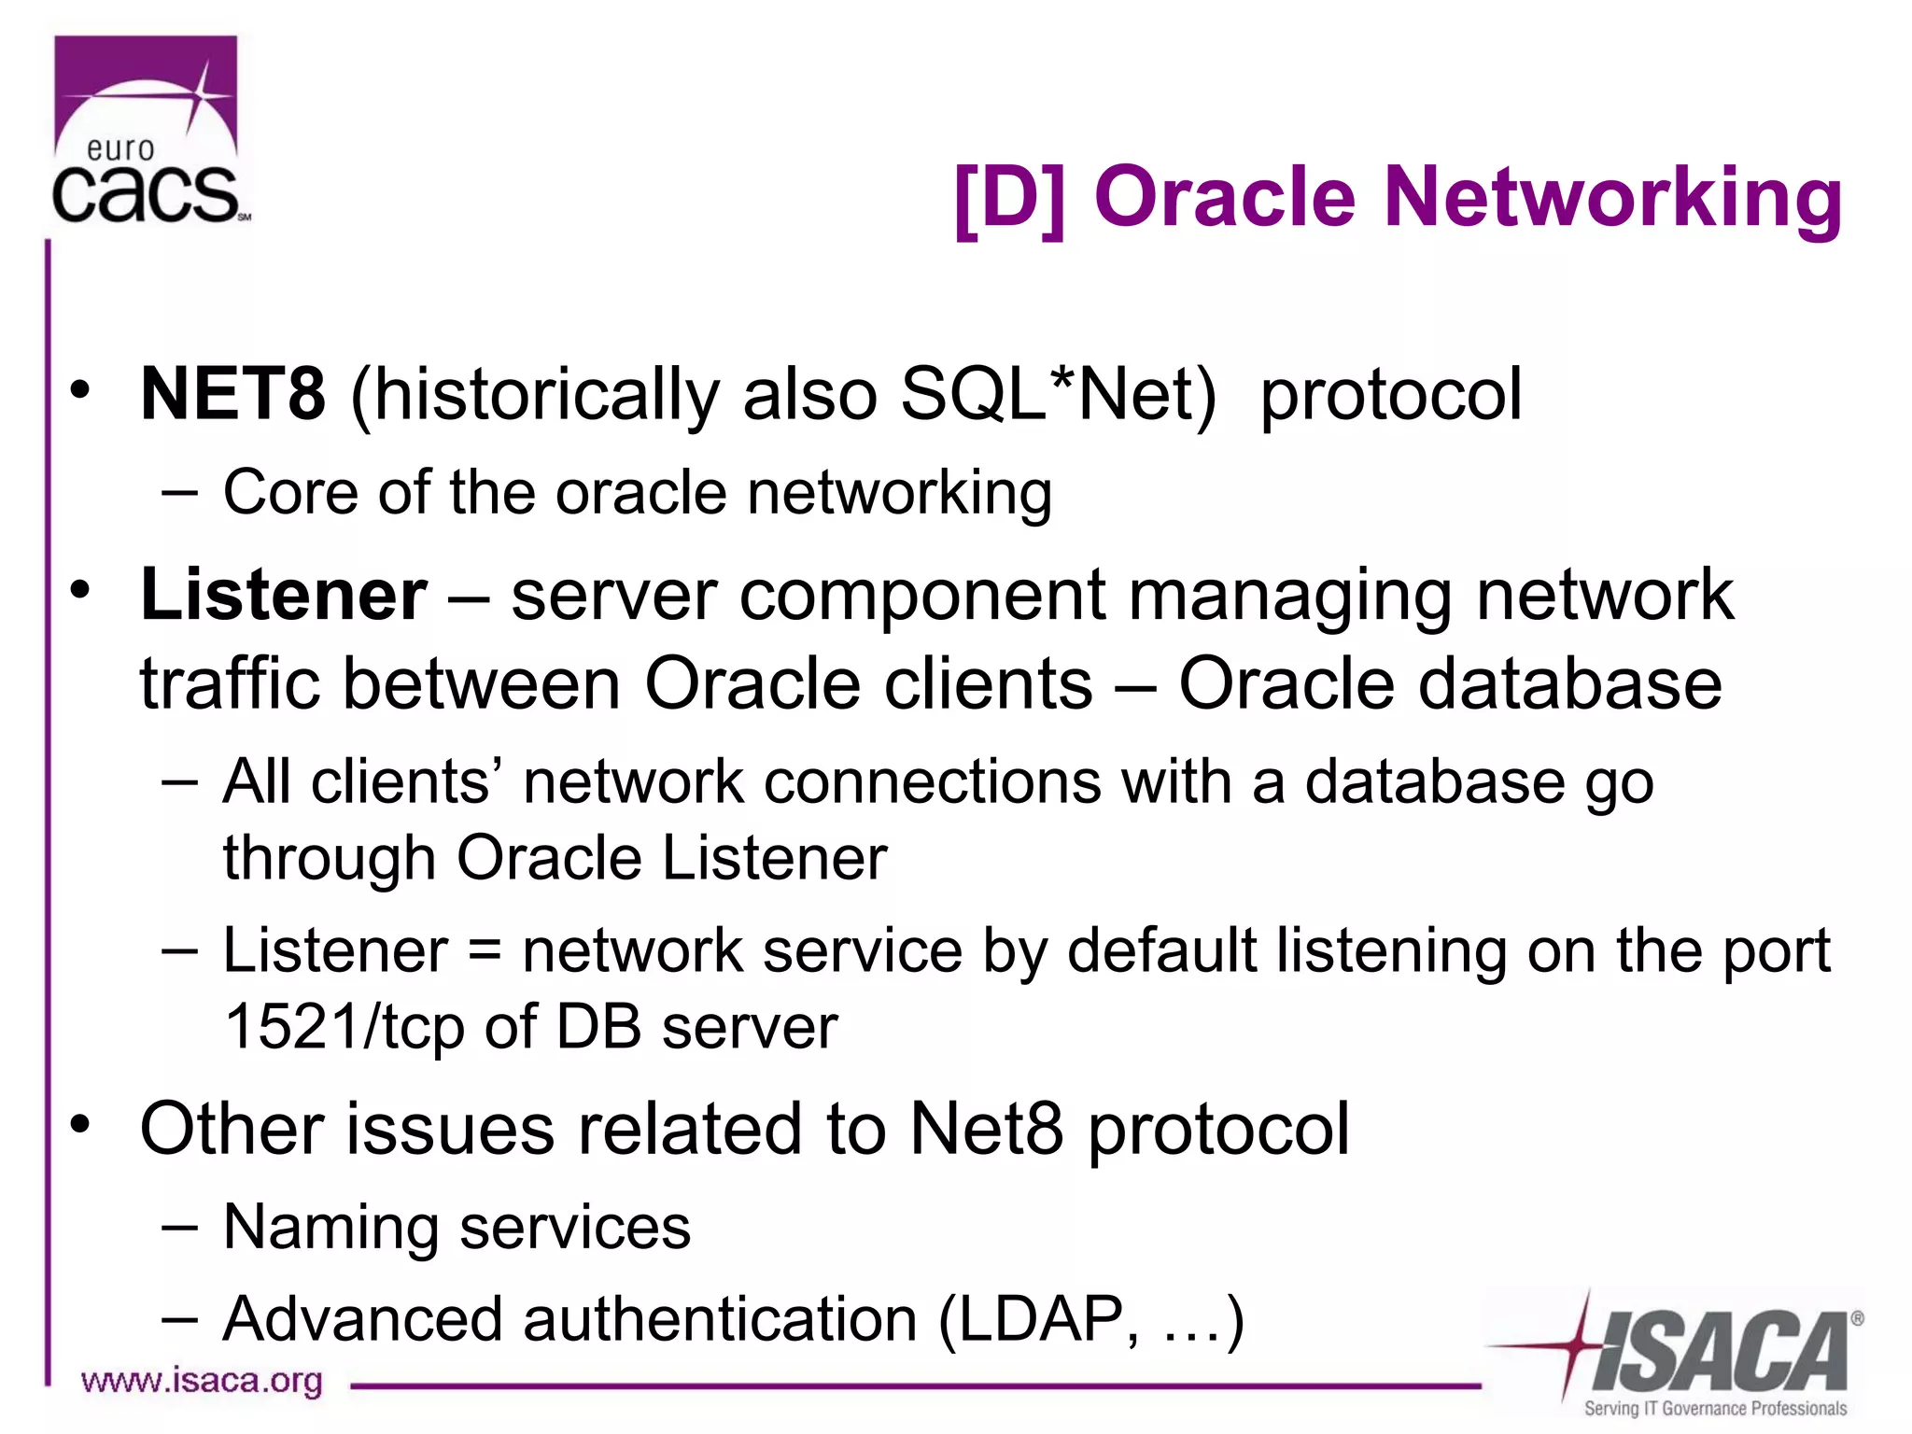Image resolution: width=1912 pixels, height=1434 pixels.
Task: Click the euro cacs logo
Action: tap(148, 131)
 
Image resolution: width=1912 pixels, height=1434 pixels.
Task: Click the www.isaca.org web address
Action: tap(202, 1380)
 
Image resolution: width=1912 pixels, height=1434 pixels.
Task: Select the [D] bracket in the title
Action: tap(1009, 198)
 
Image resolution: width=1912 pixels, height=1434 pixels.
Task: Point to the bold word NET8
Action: tap(232, 394)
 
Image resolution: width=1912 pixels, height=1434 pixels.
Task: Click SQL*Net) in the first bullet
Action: tap(1058, 394)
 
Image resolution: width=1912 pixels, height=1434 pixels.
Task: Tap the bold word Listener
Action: tap(284, 595)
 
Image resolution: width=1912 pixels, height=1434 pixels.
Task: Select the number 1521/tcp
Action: tap(344, 1027)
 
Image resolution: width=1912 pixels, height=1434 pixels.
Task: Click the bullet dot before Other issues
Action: tap(81, 1124)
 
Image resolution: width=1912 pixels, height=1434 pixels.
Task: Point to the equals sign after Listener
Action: tap(485, 951)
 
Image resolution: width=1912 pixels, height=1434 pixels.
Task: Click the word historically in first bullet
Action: tap(547, 394)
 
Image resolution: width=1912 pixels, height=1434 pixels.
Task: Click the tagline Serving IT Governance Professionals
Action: tap(1715, 1408)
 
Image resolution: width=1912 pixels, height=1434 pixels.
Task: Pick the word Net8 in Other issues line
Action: tap(985, 1130)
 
